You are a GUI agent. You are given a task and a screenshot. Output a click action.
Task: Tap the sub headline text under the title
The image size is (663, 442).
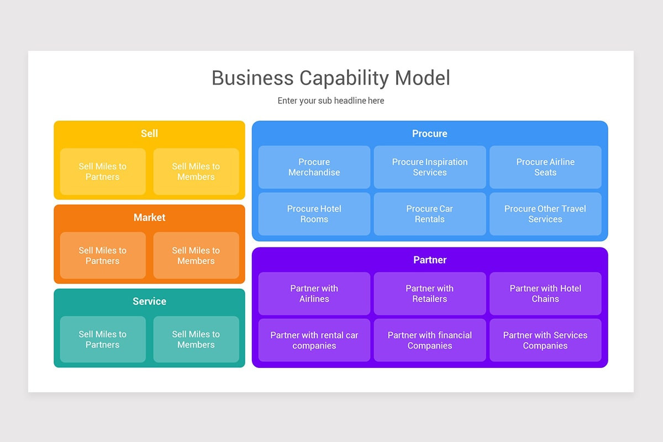pos(331,101)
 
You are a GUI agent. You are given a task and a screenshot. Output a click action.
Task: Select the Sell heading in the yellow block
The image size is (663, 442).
pos(149,134)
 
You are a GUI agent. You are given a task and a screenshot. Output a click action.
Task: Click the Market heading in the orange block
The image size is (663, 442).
pos(149,218)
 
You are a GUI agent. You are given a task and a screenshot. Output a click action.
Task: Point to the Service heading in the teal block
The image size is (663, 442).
pos(149,302)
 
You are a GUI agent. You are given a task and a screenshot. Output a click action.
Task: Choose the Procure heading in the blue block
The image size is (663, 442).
pos(430,134)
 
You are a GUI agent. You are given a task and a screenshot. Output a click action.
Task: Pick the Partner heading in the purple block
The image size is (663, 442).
pos(430,260)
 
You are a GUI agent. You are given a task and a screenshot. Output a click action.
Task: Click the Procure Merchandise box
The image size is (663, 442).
pos(314,167)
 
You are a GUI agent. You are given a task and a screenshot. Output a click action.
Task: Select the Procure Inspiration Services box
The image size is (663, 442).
pos(430,167)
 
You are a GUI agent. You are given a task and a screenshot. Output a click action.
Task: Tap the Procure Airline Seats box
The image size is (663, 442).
pos(545,167)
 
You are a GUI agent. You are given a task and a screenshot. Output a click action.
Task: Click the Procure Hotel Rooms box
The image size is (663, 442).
pos(314,214)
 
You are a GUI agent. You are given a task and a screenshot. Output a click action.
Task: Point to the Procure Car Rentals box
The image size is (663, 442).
pos(430,214)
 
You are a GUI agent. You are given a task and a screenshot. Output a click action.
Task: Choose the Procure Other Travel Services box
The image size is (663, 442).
pos(545,214)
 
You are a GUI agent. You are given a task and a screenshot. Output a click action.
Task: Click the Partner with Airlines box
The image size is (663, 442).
pos(314,293)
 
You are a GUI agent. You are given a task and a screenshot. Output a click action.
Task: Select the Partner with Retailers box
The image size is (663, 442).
pos(430,293)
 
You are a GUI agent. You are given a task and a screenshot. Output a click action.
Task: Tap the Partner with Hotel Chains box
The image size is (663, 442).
pos(545,293)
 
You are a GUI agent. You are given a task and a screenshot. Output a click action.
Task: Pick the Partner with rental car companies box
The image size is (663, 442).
pos(314,340)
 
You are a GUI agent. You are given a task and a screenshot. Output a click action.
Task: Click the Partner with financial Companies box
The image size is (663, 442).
pos(430,340)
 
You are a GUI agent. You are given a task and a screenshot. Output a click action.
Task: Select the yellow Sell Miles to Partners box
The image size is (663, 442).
pos(103,172)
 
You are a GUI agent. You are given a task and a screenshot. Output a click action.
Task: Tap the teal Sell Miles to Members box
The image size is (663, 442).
pos(196,340)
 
